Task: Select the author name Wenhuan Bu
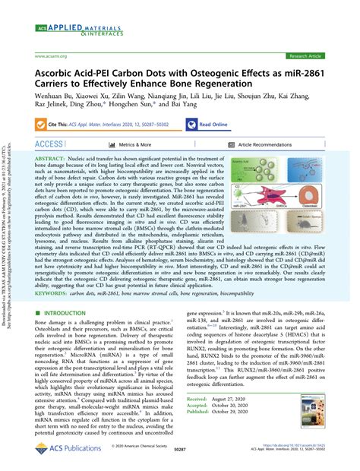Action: point(55,97)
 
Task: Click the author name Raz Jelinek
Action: point(54,108)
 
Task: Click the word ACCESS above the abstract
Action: point(49,144)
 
